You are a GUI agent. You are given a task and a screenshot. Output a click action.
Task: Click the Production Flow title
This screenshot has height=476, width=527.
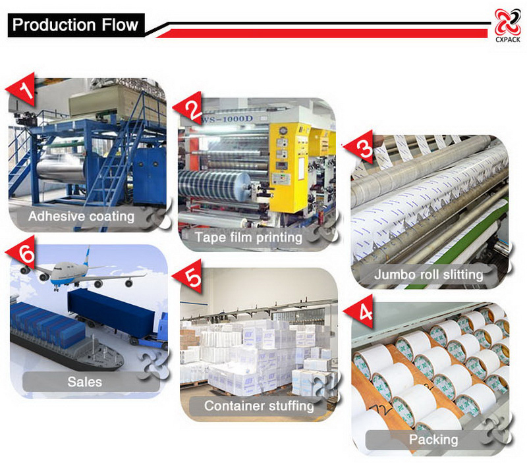[x=75, y=26]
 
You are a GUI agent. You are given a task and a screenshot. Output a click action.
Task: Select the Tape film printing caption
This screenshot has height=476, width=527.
[x=248, y=237]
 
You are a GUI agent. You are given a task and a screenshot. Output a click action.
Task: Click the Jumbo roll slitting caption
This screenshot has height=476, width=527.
[x=428, y=274]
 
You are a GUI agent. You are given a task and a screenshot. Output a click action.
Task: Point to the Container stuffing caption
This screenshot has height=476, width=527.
[x=259, y=406]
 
